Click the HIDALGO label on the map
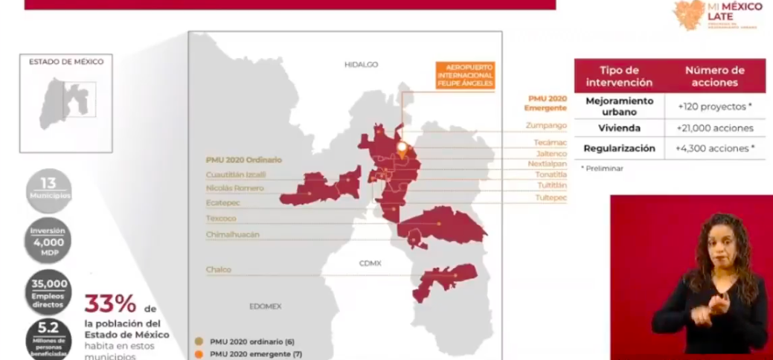pos(361,65)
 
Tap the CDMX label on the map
pos(370,263)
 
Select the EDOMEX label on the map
pos(266,306)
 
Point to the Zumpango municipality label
pos(546,125)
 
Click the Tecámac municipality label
pos(550,141)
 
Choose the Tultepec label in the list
pos(551,197)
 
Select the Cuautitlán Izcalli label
pos(235,174)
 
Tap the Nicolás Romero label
pos(234,188)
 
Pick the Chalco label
pos(220,270)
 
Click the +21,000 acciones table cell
pos(715,128)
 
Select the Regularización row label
pos(620,148)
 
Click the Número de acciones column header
pos(715,76)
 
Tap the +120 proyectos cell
pos(715,106)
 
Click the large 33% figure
pos(109,304)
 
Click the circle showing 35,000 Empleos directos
pos(48,292)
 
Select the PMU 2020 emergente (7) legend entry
pos(250,353)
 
